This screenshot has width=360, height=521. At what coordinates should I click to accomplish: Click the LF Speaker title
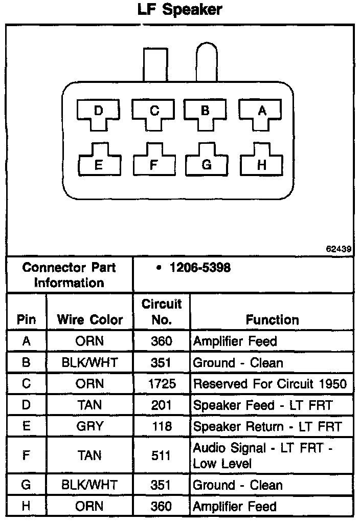coord(179,10)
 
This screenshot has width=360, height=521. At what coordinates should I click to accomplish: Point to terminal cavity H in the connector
coord(261,163)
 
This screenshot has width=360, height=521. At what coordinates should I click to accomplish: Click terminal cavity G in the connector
coord(206,163)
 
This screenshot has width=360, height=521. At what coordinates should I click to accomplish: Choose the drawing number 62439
coord(338,249)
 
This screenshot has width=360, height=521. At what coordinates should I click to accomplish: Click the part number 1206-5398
coord(199,268)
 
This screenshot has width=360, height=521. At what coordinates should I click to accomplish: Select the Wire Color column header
coord(90,320)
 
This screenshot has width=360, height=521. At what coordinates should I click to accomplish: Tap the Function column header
coord(272,320)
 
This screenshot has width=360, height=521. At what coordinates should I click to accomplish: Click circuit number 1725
coord(162,384)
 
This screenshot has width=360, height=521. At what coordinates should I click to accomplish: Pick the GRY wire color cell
coord(90,426)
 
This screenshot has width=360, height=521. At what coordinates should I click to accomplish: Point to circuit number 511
coord(162,455)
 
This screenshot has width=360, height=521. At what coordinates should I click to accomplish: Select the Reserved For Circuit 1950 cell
coord(269,384)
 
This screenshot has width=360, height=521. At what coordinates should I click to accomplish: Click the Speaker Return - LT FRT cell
coord(267,426)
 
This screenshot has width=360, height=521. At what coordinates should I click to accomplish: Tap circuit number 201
coord(162,405)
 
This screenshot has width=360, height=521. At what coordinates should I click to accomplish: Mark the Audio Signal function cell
coord(263,455)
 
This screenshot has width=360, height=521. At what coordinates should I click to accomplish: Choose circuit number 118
coord(162,426)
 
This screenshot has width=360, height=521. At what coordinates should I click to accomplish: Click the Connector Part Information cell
coord(70,275)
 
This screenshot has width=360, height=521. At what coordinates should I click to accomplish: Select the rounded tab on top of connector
coord(207,61)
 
